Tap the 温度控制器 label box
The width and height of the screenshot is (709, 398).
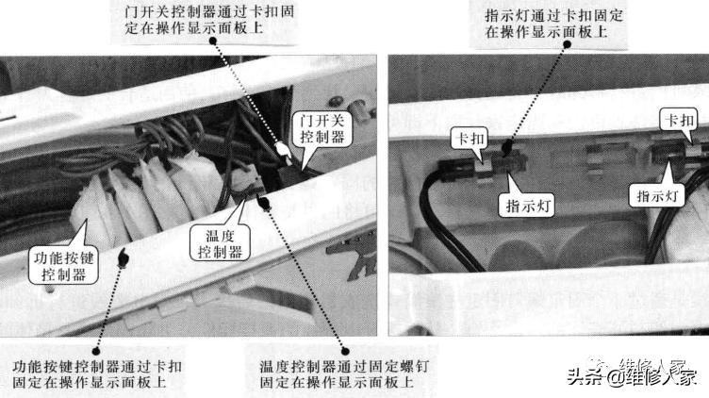pos(218,241)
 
